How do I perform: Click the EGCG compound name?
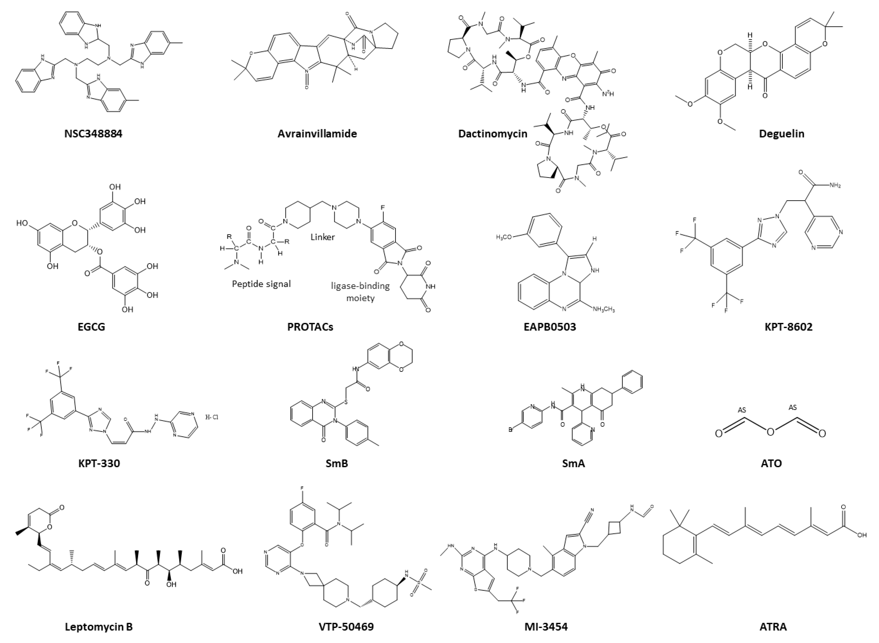(92, 327)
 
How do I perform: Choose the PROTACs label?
(310, 327)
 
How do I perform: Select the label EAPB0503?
(550, 327)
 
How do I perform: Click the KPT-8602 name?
(788, 327)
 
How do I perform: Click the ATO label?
(771, 463)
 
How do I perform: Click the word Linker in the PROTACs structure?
(323, 237)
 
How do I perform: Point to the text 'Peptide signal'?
(261, 284)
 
